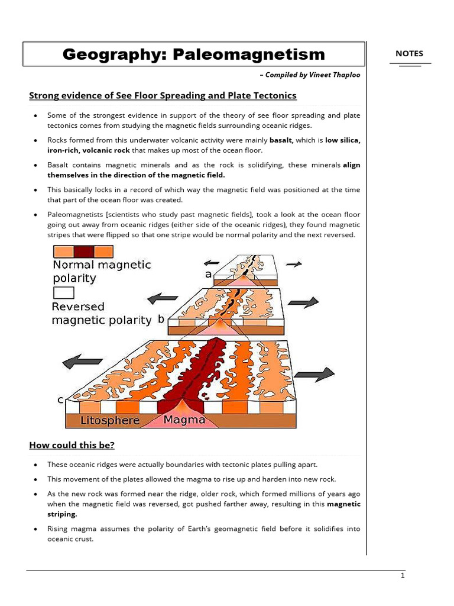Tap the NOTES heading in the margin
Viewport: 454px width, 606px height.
coord(409,53)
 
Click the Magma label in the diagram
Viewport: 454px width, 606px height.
coord(184,420)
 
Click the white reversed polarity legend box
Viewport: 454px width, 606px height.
coord(63,292)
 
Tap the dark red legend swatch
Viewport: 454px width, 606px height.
coord(85,250)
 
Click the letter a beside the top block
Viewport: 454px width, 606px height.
coord(208,274)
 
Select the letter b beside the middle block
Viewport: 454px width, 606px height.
coord(161,319)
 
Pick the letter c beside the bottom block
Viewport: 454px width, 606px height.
coord(60,400)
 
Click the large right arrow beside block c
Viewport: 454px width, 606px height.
coord(314,374)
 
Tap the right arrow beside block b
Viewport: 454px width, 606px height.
coord(303,302)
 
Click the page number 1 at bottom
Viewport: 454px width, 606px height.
coord(402,578)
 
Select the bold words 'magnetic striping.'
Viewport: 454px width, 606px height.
coord(343,509)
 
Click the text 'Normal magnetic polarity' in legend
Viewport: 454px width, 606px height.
coord(102,271)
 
